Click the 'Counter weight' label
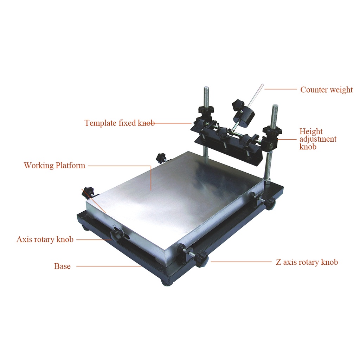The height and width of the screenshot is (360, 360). (x=326, y=90)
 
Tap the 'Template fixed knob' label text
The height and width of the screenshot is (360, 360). (x=120, y=123)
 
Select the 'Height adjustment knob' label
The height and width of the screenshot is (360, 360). (x=318, y=139)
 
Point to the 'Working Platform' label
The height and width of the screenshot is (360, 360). (x=54, y=165)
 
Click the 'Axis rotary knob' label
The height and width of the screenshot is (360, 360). (x=45, y=239)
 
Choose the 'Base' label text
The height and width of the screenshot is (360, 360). (x=62, y=266)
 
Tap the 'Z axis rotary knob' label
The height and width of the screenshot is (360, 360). (x=307, y=262)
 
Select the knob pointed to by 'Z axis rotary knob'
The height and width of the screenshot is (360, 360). (x=201, y=259)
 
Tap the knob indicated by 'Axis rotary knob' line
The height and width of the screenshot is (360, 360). (x=117, y=234)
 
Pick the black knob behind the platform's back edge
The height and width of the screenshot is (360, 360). (x=161, y=158)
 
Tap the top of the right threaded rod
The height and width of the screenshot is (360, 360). (x=275, y=105)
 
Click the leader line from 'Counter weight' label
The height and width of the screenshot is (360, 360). (x=281, y=89)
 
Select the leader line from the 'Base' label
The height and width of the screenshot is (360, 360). (x=109, y=266)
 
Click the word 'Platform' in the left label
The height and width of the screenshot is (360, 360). (x=70, y=165)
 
